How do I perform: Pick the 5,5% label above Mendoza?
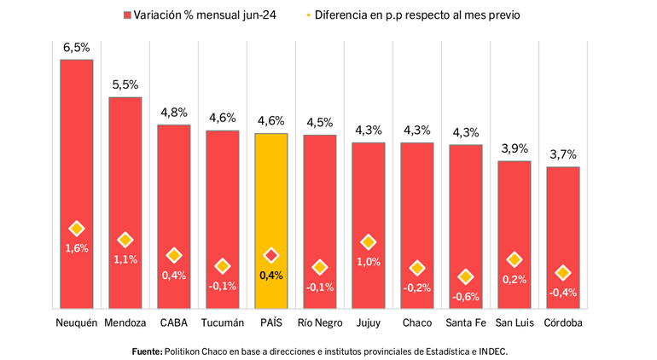(125, 85)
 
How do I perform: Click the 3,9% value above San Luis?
(515, 148)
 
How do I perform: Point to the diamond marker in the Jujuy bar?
(369, 242)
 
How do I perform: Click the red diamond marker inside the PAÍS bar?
(271, 255)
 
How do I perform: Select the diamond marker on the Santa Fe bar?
(466, 277)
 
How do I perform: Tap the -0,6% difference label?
(466, 297)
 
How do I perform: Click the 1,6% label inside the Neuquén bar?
(77, 248)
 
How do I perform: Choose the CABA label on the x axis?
(174, 323)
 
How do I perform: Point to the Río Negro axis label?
(320, 323)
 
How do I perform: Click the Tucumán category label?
(223, 323)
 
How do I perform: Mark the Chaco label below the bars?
(417, 323)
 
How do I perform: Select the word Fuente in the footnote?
(147, 351)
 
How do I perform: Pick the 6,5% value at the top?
(76, 48)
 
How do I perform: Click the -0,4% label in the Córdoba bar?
(563, 293)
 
